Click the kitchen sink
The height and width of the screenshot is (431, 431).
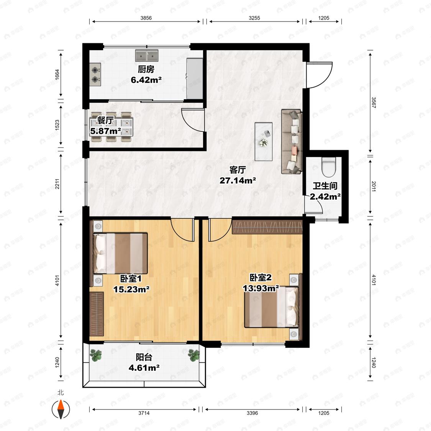(x=147, y=56)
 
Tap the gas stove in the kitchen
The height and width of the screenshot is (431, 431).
(x=95, y=74)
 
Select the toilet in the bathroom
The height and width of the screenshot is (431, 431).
(x=329, y=167)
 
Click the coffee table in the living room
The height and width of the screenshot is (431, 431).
(x=264, y=141)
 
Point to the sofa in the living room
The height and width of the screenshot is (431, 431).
(x=292, y=141)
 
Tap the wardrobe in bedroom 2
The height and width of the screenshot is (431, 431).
(x=267, y=227)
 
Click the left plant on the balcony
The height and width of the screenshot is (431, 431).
(x=96, y=355)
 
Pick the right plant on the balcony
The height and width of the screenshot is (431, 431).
(x=194, y=355)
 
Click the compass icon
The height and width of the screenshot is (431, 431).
(x=61, y=409)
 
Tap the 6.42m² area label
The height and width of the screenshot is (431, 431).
(x=146, y=80)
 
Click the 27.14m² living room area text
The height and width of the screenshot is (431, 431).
(x=238, y=180)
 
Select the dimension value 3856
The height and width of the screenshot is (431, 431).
(x=146, y=18)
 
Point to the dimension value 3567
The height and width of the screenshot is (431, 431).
(x=374, y=103)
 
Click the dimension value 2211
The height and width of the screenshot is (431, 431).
(x=57, y=184)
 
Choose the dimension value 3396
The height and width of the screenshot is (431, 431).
(x=252, y=413)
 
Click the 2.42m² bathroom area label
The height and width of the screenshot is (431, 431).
(x=325, y=197)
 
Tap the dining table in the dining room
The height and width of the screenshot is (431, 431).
(x=111, y=127)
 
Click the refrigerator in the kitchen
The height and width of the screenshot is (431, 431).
(x=195, y=78)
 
